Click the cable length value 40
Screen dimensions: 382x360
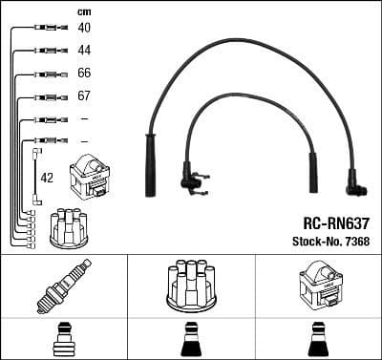point(84,29)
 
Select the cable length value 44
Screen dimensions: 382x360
point(84,51)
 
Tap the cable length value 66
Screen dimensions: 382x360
point(84,74)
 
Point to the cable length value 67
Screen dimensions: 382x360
point(84,96)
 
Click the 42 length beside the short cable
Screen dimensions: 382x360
point(46,177)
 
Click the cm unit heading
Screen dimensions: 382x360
point(83,11)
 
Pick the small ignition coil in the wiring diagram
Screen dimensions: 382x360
point(93,176)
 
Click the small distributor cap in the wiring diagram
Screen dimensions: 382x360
point(69,226)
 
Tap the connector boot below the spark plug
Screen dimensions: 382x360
point(62,340)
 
